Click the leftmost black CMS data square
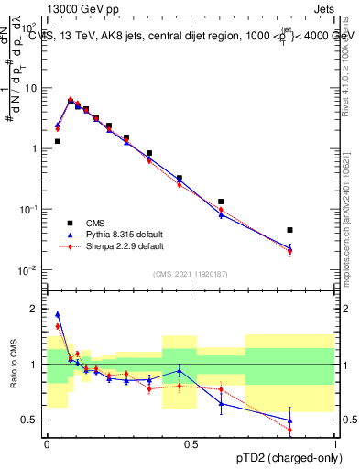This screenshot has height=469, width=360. (57, 141)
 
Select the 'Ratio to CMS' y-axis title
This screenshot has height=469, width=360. (12, 365)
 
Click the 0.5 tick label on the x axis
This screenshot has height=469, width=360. (191, 445)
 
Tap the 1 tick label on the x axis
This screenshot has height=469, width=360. (335, 445)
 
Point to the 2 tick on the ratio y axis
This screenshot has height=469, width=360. (35, 309)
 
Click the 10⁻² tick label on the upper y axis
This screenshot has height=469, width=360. (30, 270)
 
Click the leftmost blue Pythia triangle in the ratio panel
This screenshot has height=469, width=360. (57, 314)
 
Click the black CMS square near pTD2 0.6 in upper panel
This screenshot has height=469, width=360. (221, 202)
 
